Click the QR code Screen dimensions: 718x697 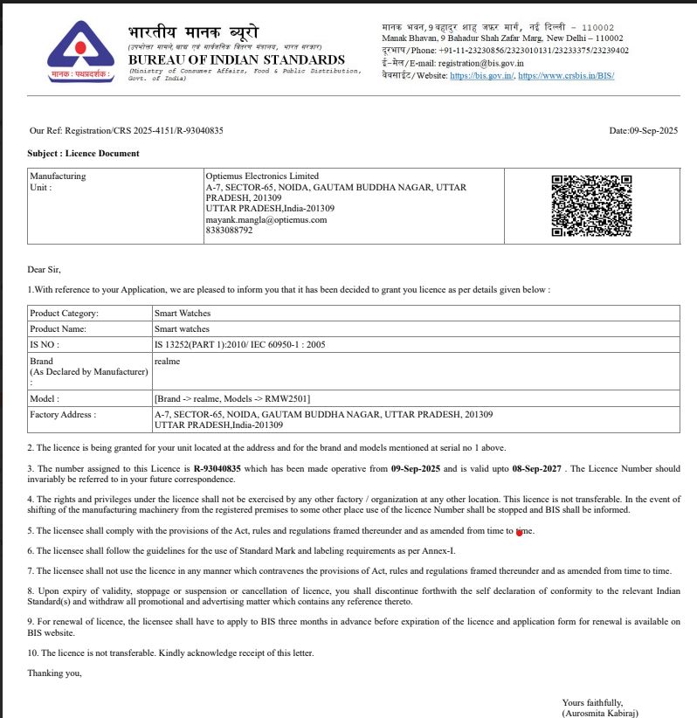click(591, 205)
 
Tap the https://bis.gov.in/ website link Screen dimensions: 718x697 click(482, 76)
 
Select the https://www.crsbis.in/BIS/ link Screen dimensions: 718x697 click(566, 76)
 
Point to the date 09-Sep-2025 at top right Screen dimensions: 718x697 click(654, 130)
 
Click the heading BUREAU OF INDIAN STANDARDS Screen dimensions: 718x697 click(237, 60)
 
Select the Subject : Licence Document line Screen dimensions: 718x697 click(83, 153)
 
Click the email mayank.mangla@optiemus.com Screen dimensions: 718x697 click(266, 220)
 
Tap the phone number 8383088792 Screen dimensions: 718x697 click(230, 231)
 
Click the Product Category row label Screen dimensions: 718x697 click(64, 313)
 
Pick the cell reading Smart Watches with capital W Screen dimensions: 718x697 click(183, 313)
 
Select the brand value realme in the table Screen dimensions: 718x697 click(167, 361)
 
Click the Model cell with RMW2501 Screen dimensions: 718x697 click(232, 398)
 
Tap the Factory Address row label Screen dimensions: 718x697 click(63, 414)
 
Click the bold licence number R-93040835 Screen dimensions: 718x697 click(217, 469)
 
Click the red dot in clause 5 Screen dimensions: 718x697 click(520, 532)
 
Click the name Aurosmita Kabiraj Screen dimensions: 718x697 click(609, 713)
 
